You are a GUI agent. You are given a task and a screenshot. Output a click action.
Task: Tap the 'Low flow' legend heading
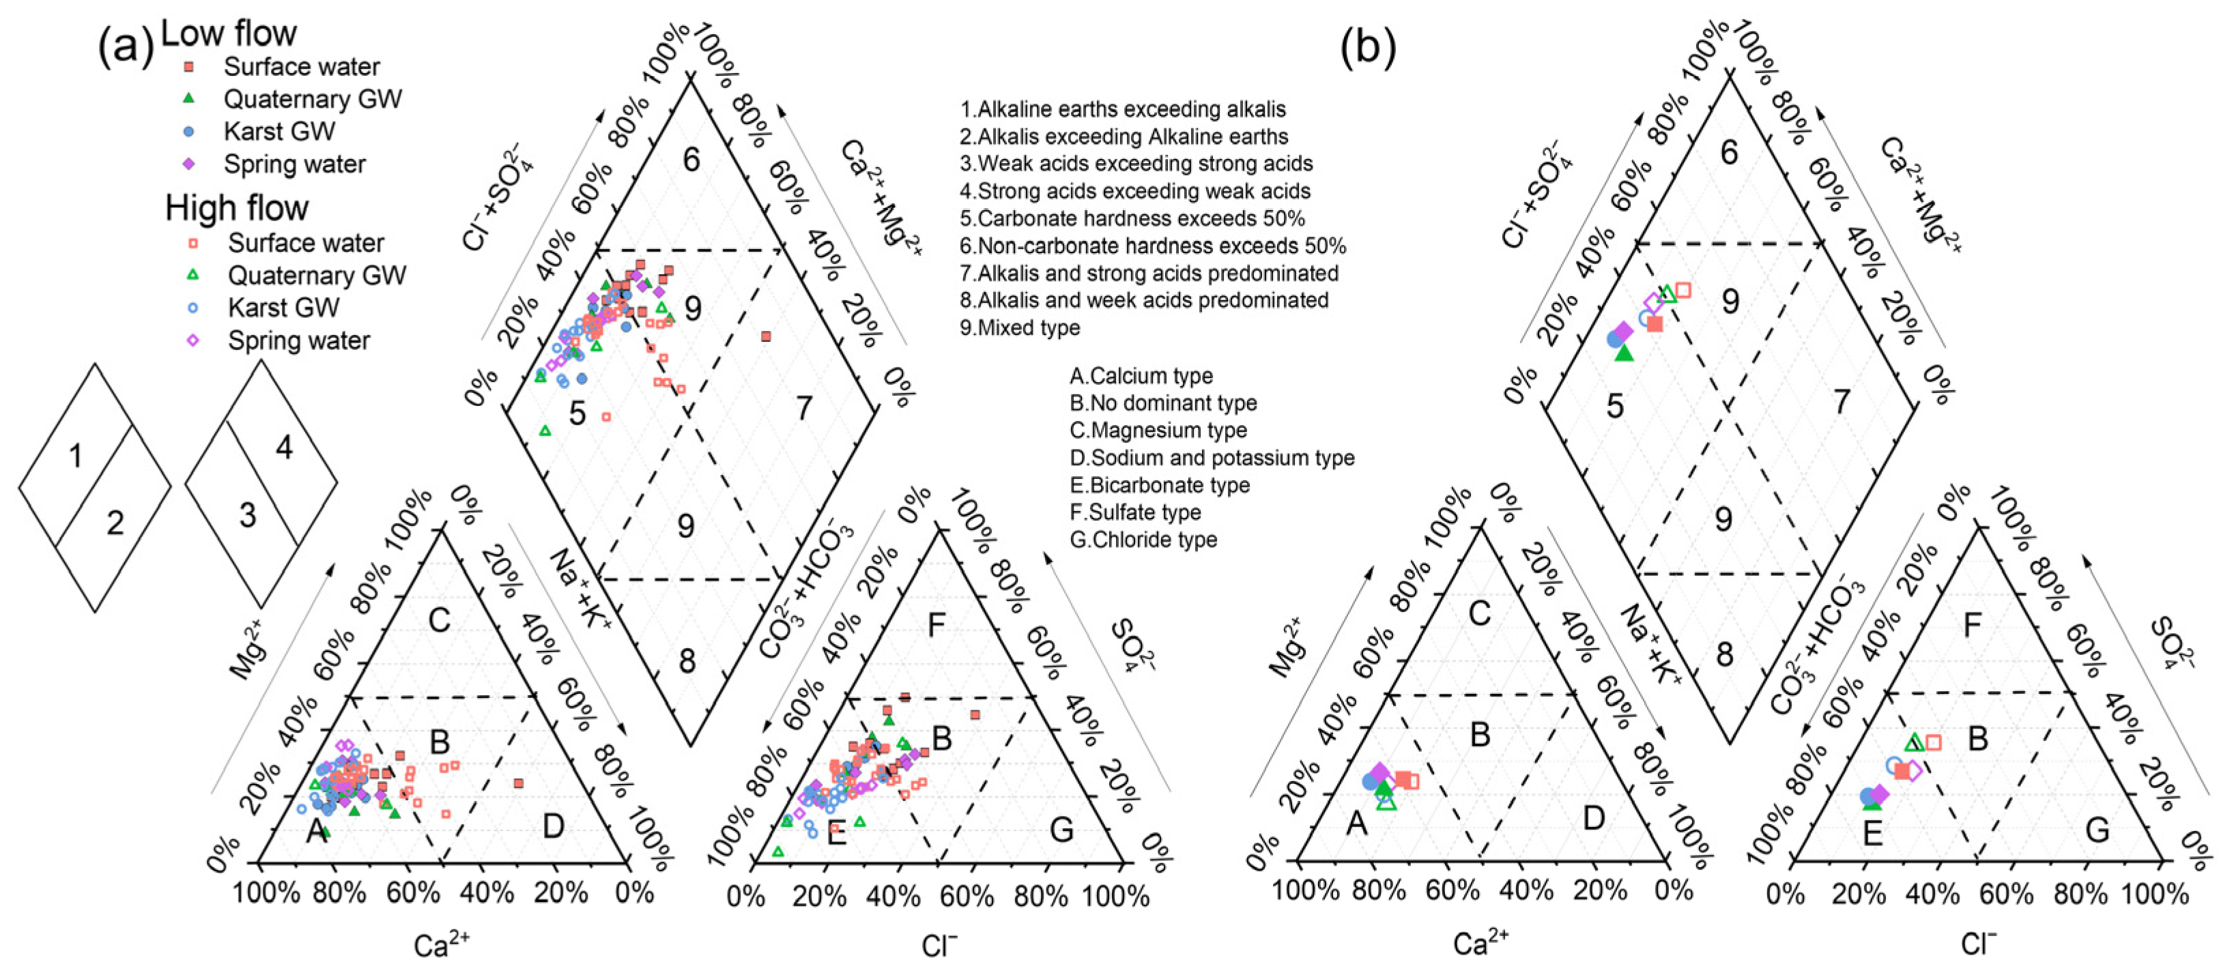229,33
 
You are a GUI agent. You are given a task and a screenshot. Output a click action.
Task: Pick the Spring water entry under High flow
298,340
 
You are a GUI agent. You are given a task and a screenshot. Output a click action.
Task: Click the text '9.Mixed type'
1020,327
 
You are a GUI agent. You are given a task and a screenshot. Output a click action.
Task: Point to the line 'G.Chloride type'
1143,540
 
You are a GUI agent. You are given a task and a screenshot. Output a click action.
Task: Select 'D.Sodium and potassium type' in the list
1212,457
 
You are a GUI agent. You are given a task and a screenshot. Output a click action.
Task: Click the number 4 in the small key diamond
284,447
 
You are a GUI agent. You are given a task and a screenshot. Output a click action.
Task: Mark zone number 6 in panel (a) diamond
691,160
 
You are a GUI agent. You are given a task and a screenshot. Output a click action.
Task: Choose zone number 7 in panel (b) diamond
1841,401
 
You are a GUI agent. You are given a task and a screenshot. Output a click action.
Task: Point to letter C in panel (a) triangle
440,621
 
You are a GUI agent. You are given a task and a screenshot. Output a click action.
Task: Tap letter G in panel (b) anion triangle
2097,830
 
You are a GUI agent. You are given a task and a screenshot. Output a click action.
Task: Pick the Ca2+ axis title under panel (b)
1480,942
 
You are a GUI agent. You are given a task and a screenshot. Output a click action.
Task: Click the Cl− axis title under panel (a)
939,946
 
